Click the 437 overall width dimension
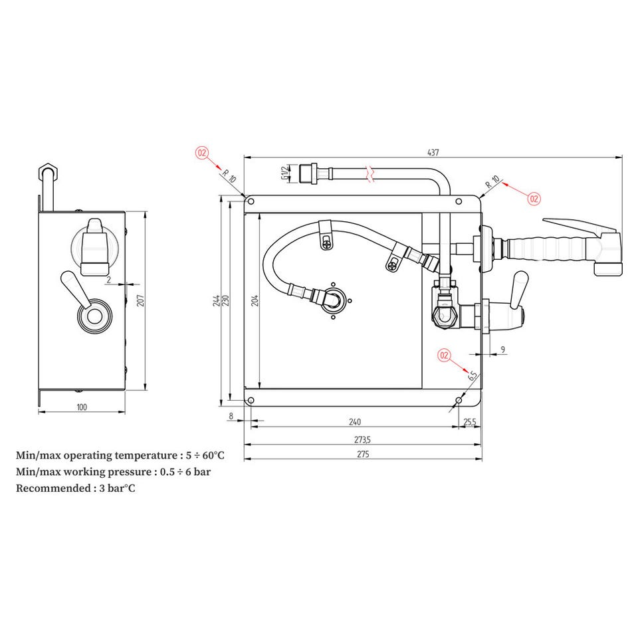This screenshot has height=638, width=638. (433, 152)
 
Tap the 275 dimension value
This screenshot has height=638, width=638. (363, 454)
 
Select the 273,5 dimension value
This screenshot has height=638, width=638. (363, 440)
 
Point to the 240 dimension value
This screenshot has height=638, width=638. (355, 422)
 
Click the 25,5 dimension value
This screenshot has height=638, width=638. (470, 422)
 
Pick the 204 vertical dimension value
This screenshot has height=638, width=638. (255, 300)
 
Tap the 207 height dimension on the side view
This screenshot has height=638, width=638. (140, 300)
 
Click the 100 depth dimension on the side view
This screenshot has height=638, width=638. (82, 407)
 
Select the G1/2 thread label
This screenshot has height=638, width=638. (284, 173)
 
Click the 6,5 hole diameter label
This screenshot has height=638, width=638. (472, 375)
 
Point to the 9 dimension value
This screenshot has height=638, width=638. (503, 350)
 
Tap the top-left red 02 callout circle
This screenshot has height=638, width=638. (202, 153)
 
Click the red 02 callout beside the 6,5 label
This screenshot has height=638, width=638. (445, 355)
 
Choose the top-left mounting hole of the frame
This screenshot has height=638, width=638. (251, 201)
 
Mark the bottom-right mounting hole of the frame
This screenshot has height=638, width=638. (459, 401)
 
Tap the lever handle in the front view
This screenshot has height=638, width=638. (519, 290)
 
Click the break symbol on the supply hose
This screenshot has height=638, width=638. (370, 173)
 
